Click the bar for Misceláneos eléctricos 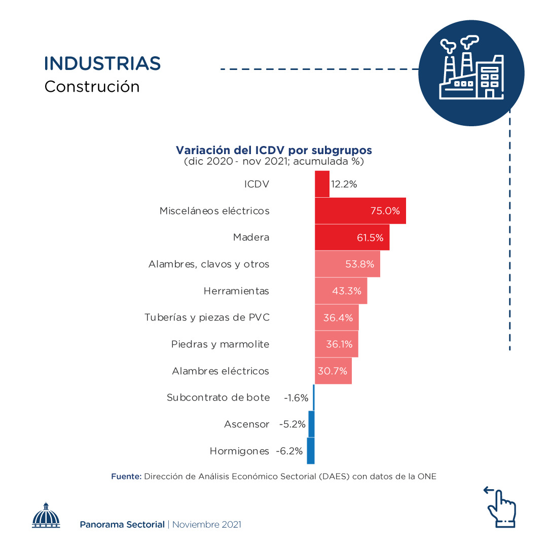click(x=360, y=210)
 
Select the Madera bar click(x=352, y=237)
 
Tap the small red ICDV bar click(x=322, y=184)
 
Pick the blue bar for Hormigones click(x=311, y=451)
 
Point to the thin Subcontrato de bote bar click(x=314, y=397)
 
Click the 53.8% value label click(x=360, y=264)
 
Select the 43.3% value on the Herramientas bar click(x=347, y=291)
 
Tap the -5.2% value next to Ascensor click(x=293, y=424)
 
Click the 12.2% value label click(x=344, y=184)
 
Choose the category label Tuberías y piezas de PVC click(x=207, y=317)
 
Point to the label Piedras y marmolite click(x=220, y=344)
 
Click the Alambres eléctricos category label click(x=221, y=371)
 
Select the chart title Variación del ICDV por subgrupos click(x=274, y=151)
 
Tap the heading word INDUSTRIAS click(x=102, y=64)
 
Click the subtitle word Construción click(x=92, y=87)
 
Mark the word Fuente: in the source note click(x=126, y=477)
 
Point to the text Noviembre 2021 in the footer click(x=207, y=525)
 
